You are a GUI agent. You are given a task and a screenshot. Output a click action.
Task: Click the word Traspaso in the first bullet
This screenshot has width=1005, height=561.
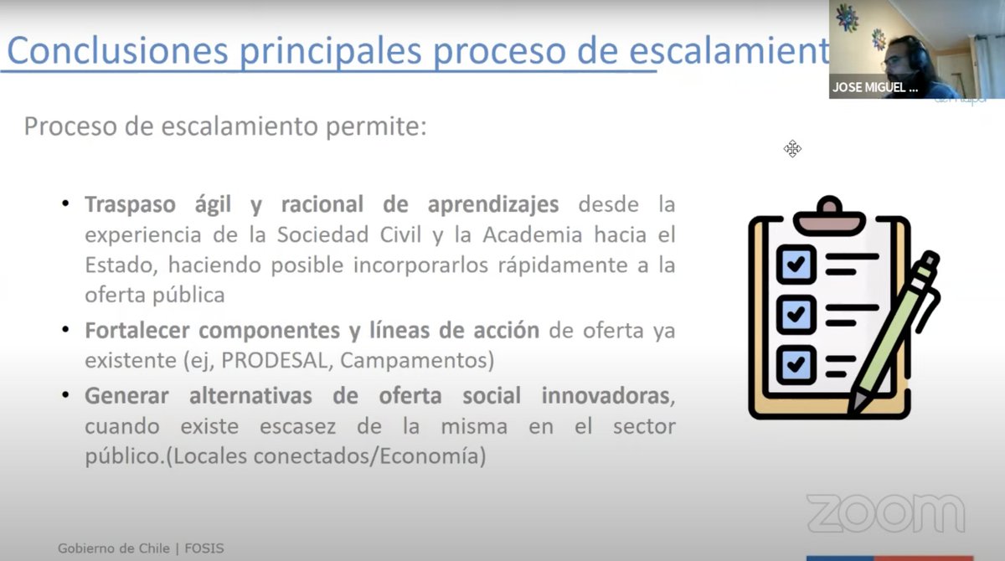tap(128, 205)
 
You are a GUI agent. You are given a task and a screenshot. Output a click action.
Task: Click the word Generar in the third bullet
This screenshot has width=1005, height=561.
tap(126, 395)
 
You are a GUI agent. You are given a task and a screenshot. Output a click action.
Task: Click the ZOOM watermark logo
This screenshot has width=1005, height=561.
tap(884, 513)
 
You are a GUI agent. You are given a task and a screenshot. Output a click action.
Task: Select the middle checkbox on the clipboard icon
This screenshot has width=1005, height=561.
tap(795, 313)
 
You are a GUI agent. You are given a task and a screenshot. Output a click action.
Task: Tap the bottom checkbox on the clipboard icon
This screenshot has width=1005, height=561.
tap(795, 363)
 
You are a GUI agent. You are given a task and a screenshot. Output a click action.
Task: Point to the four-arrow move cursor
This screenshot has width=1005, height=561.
tap(792, 149)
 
